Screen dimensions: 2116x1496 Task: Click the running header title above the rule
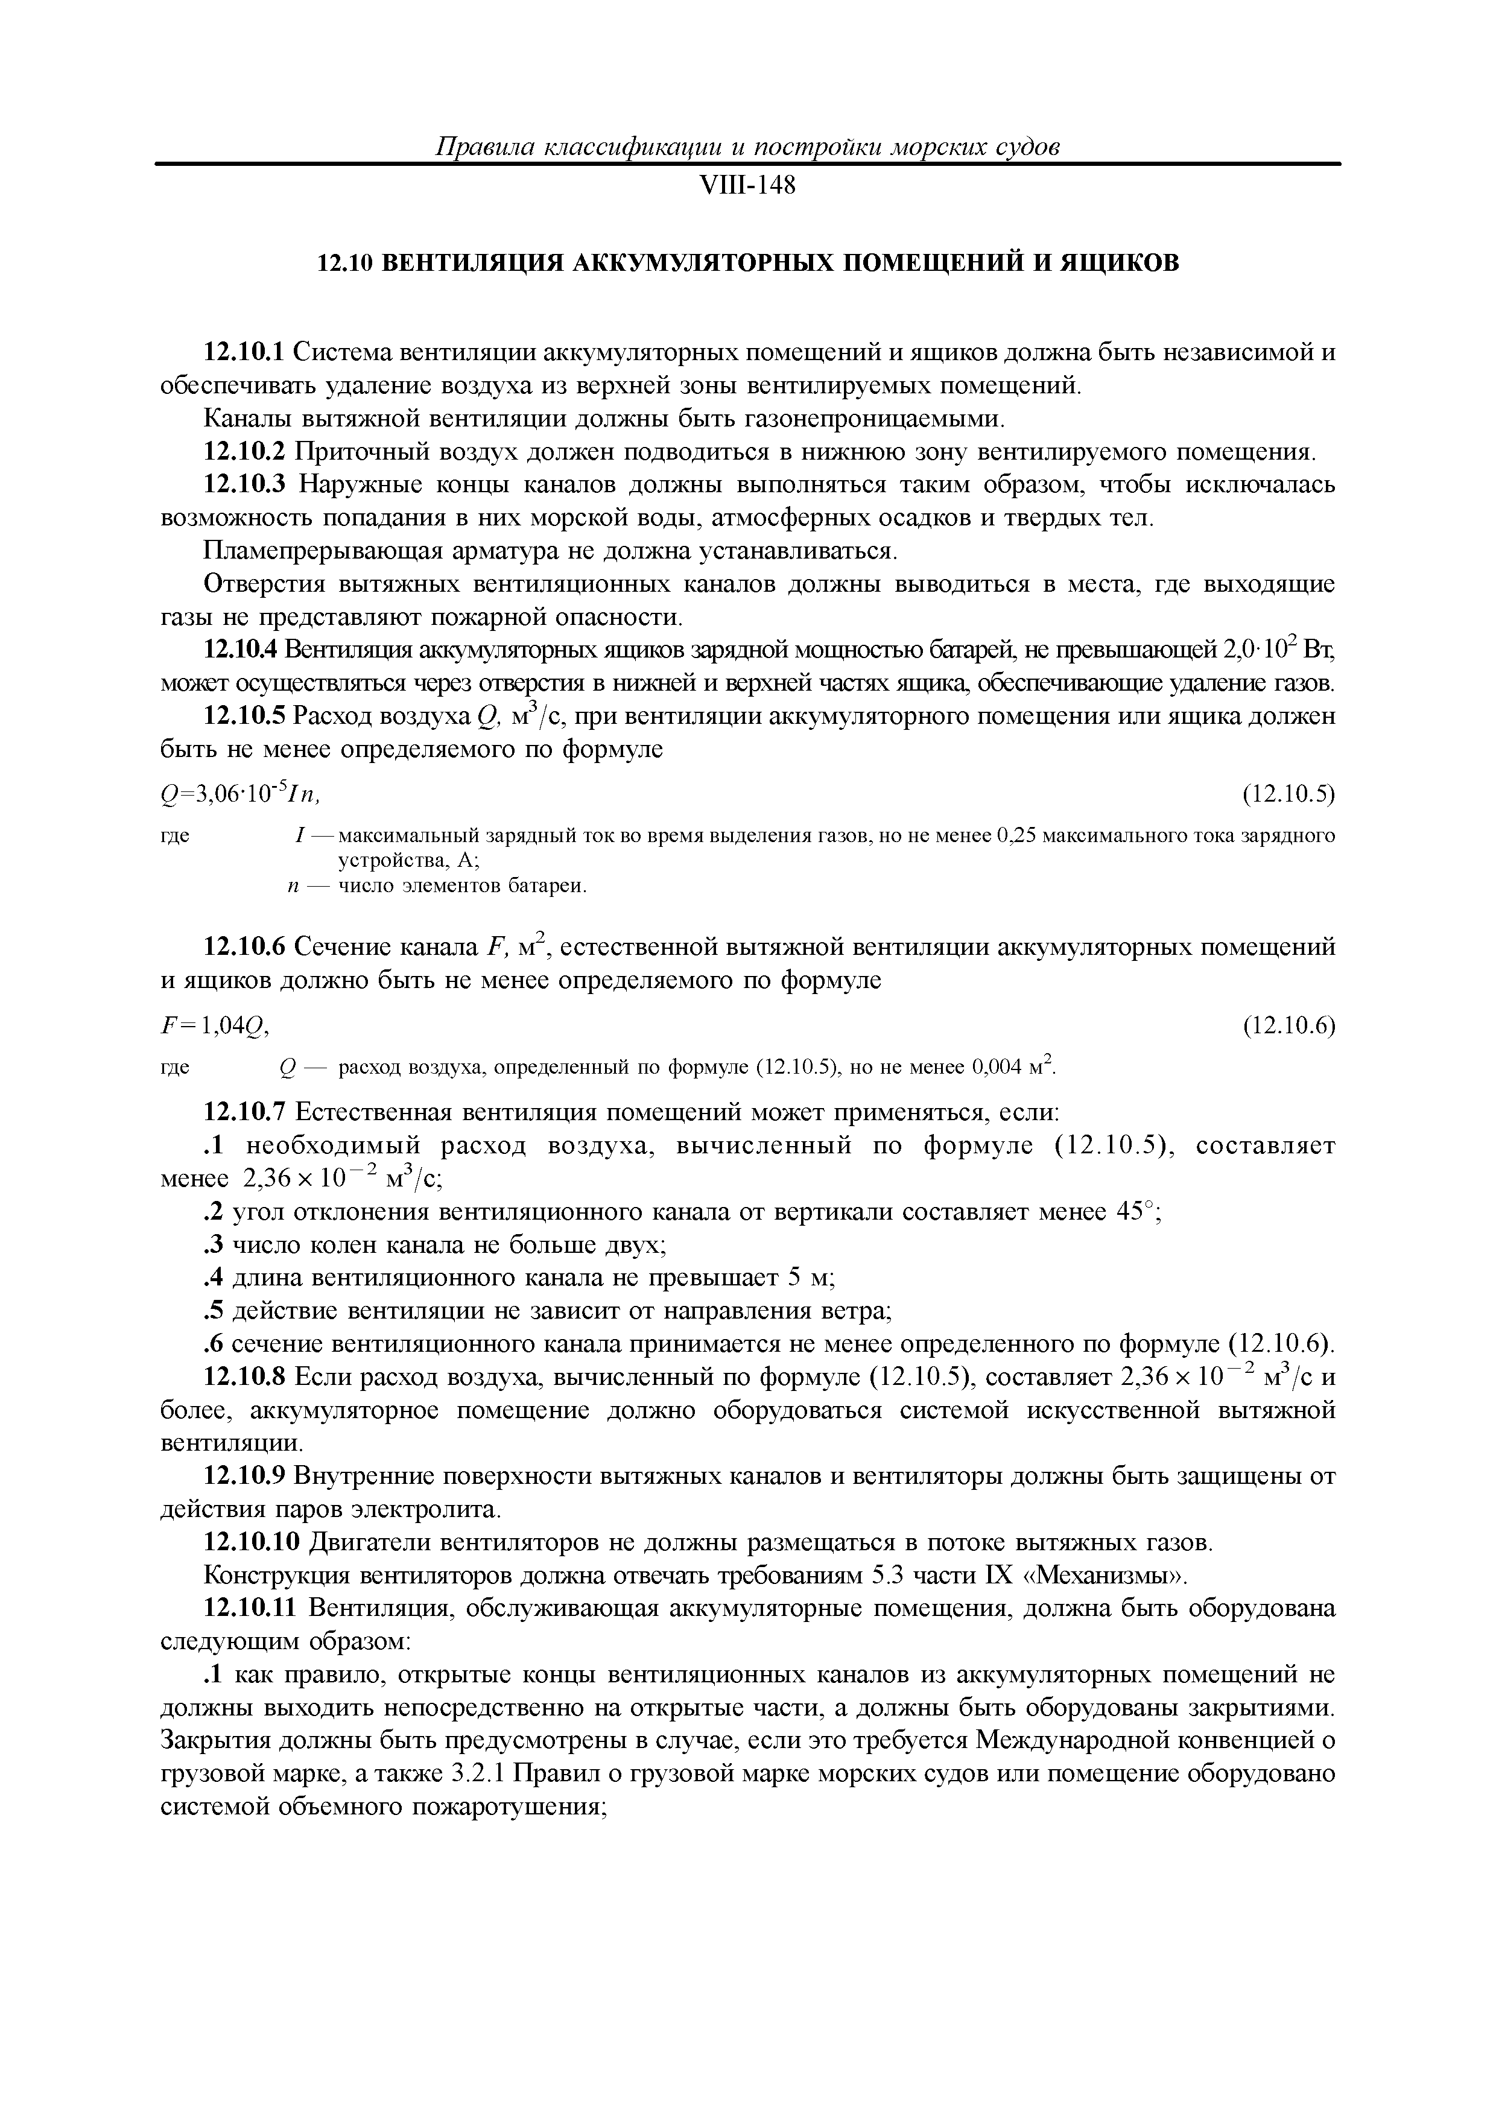[x=747, y=147]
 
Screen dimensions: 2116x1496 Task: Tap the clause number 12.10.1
[x=246, y=352]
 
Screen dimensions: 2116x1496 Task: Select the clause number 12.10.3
[x=246, y=485]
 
